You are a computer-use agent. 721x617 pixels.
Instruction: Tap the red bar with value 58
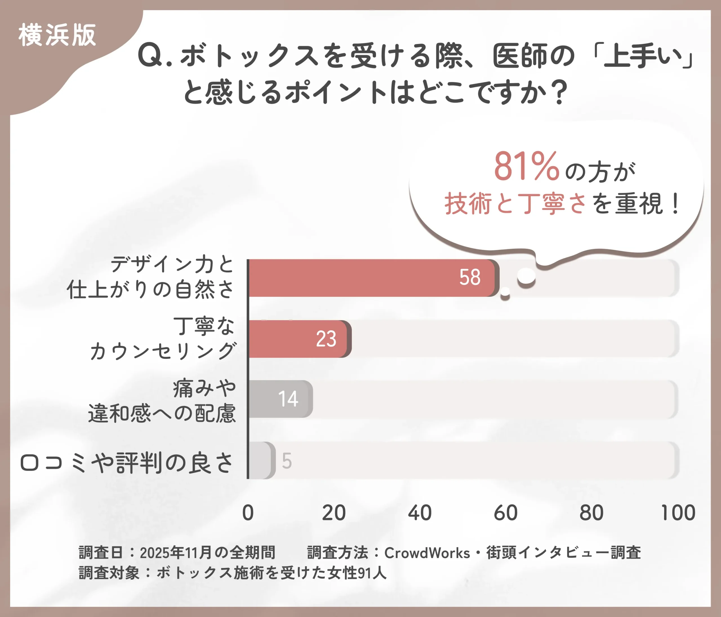pyautogui.click(x=372, y=278)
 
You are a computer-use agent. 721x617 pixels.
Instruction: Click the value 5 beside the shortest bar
pyautogui.click(x=287, y=461)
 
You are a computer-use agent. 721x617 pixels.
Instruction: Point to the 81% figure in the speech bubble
pyautogui.click(x=526, y=167)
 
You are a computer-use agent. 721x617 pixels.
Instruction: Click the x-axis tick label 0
pyautogui.click(x=248, y=513)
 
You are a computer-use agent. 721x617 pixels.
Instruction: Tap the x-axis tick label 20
pyautogui.click(x=334, y=513)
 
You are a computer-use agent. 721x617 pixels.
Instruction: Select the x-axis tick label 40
pyautogui.click(x=420, y=513)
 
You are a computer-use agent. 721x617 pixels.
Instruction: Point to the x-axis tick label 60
pyautogui.click(x=506, y=513)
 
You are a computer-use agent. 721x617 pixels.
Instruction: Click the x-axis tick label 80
pyautogui.click(x=591, y=513)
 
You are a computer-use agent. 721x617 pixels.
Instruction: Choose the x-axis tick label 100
pyautogui.click(x=678, y=513)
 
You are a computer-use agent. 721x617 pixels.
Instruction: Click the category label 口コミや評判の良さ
pyautogui.click(x=127, y=463)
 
